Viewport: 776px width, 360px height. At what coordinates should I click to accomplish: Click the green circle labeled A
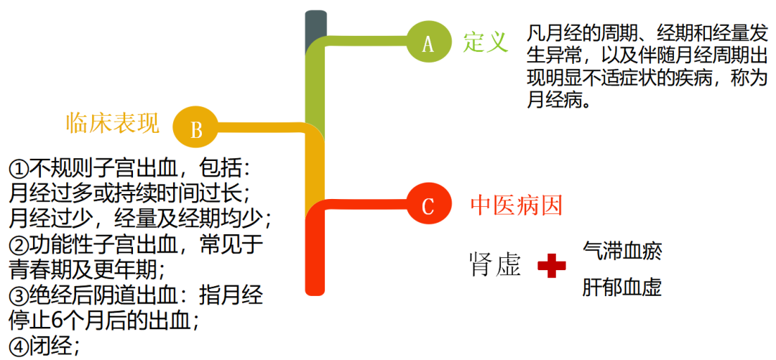[x=429, y=44]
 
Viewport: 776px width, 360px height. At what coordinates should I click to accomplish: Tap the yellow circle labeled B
[x=195, y=129]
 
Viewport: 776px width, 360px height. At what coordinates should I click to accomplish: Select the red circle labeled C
[x=428, y=206]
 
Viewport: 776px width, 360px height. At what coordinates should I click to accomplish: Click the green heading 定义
[x=485, y=42]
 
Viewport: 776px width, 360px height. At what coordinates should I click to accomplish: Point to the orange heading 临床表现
[x=113, y=123]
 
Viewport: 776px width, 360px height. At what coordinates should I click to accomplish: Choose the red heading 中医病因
[x=516, y=206]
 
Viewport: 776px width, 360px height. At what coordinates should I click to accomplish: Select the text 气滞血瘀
[x=622, y=251]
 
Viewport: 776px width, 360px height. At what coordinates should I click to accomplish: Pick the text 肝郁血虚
[x=622, y=287]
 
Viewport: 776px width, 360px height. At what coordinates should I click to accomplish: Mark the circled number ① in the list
[x=18, y=169]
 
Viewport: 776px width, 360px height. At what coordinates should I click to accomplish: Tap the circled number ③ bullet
[x=18, y=295]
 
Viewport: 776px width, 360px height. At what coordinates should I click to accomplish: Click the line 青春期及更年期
[x=87, y=269]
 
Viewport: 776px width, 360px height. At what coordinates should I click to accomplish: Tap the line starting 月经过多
[x=129, y=193]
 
